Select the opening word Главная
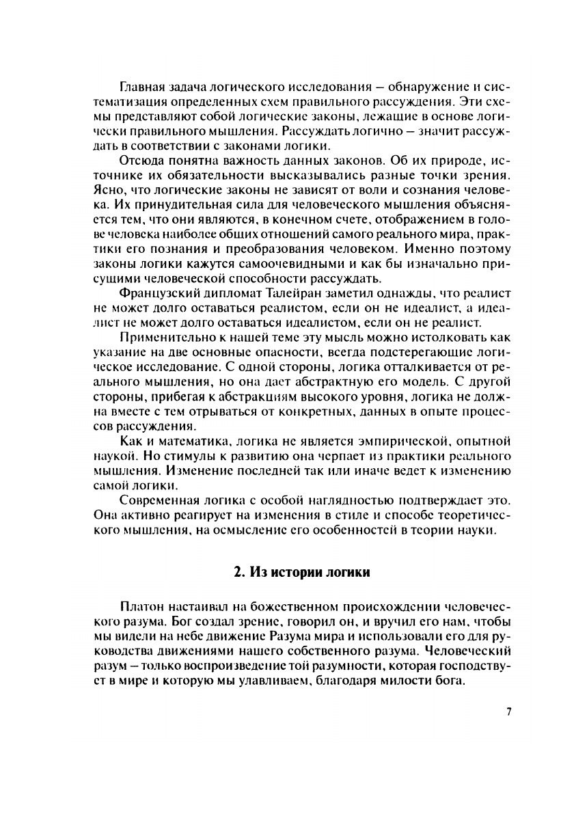[141, 88]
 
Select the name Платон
[139, 607]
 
